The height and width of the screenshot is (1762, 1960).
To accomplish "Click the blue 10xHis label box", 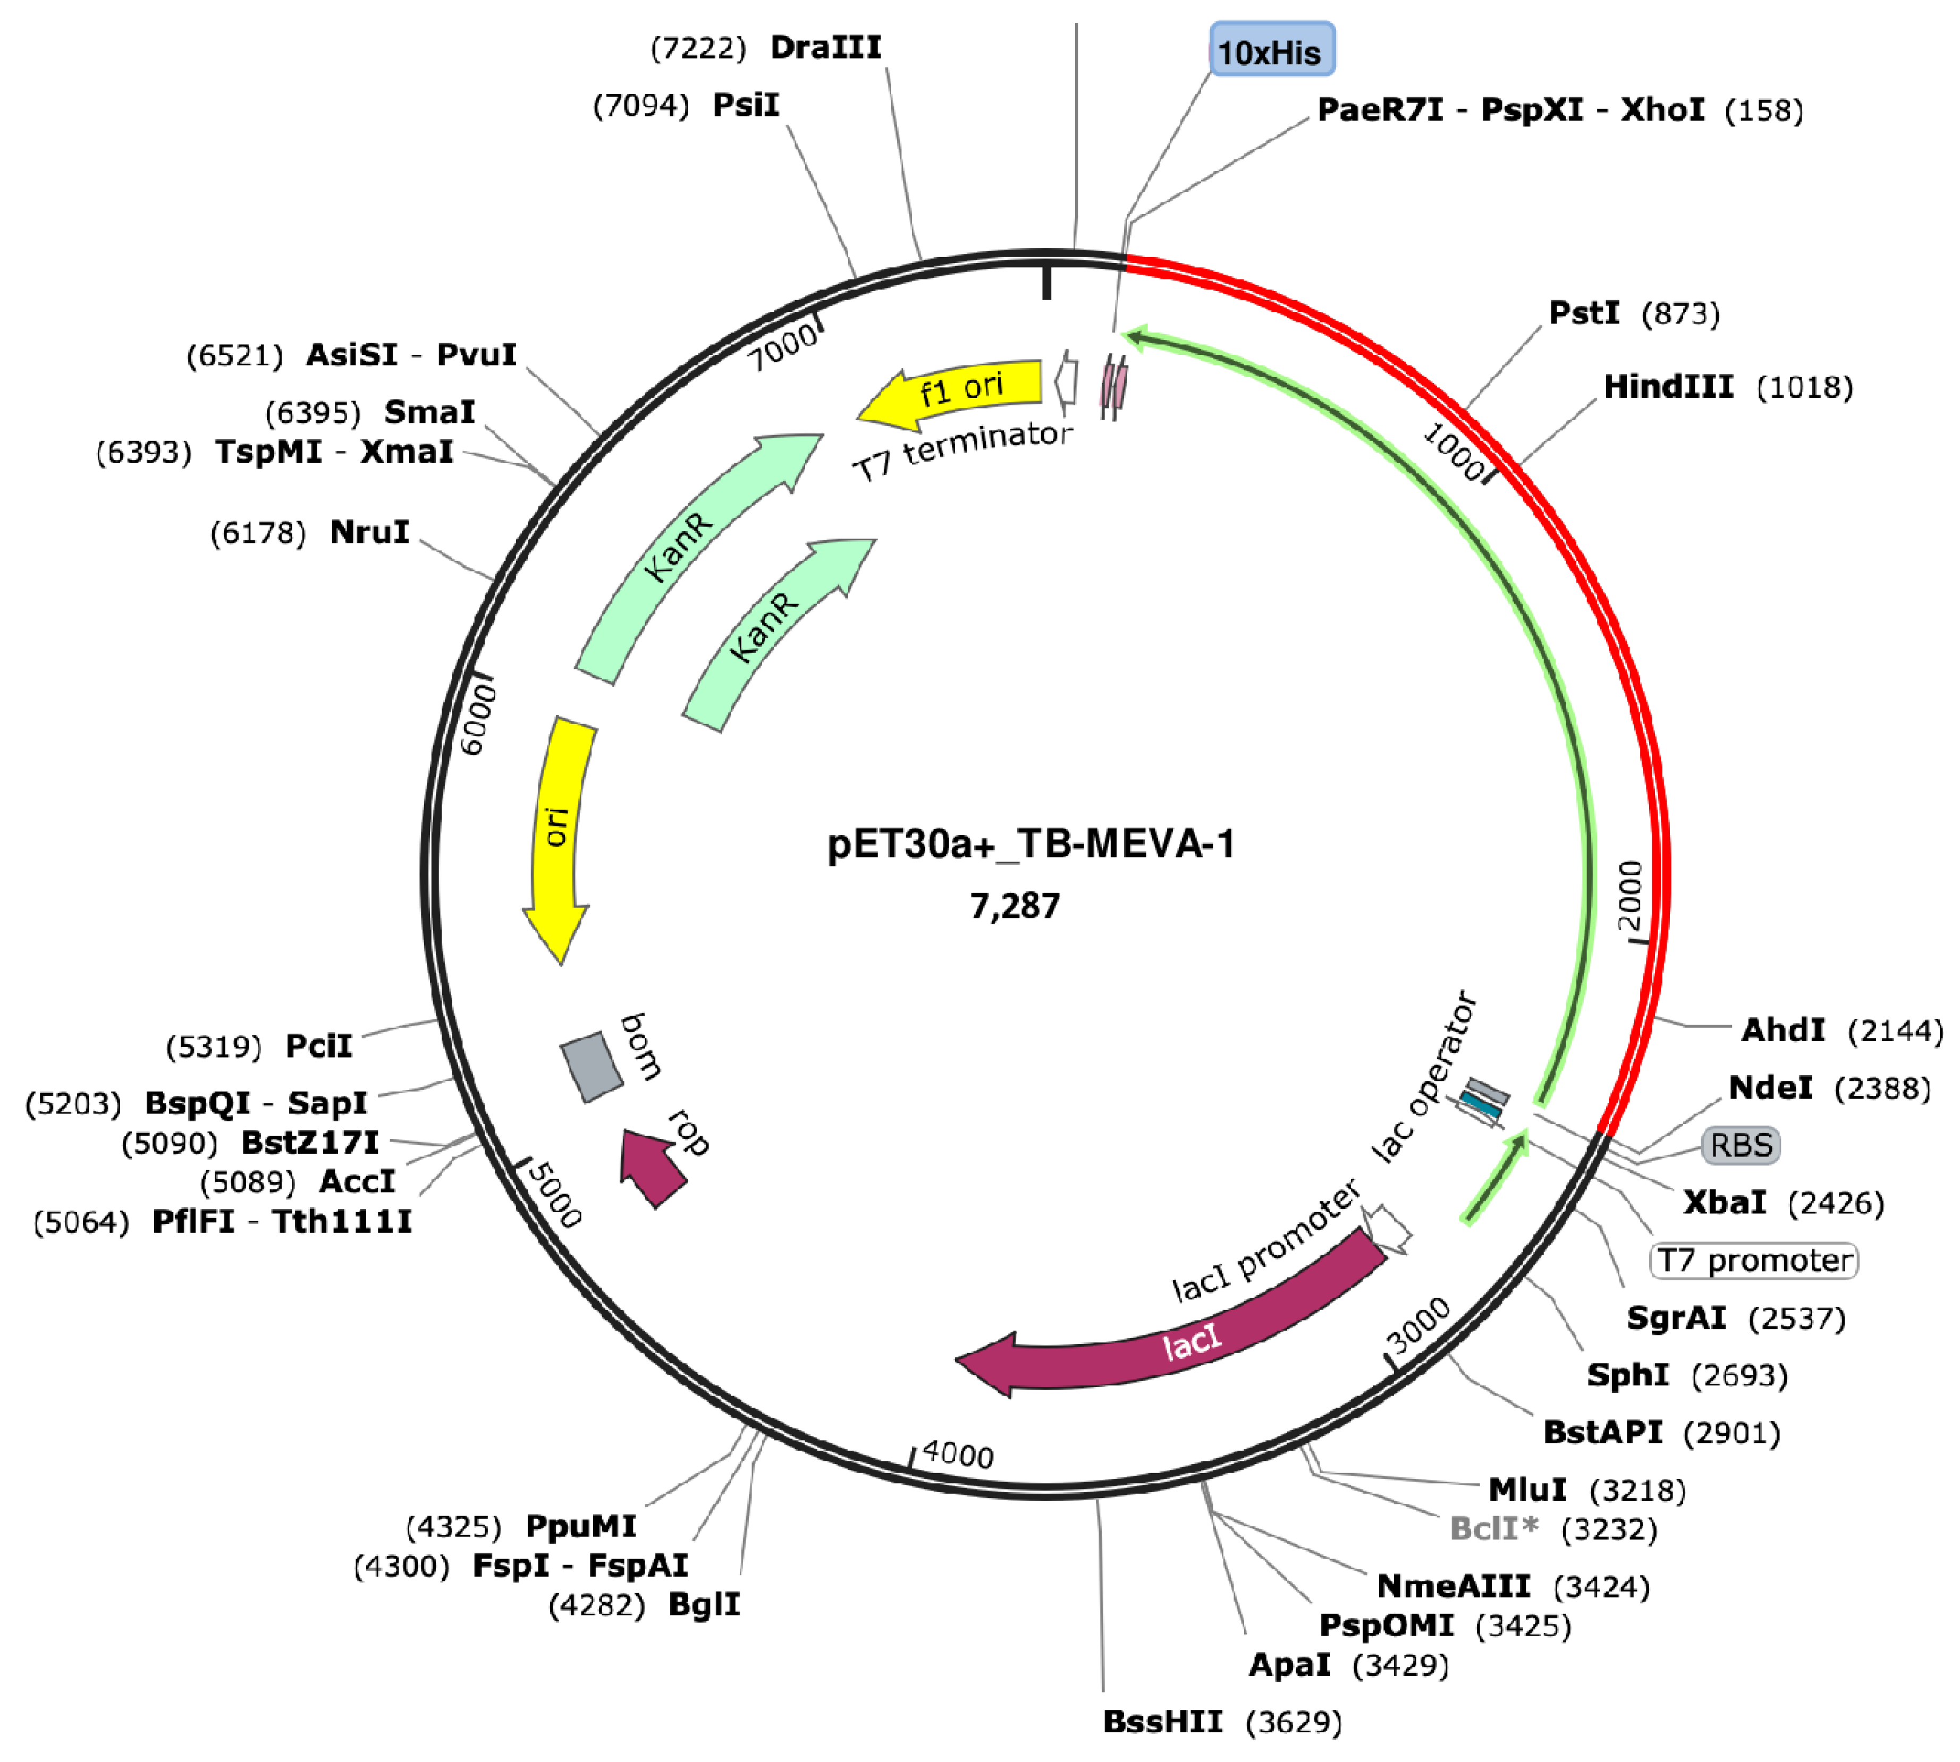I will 1271,50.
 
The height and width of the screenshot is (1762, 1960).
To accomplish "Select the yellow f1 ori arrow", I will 959,390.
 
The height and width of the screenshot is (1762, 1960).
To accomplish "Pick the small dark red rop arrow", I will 654,1167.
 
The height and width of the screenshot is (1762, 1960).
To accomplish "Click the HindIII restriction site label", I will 1668,387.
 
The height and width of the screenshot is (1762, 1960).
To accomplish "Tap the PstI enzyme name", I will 1583,313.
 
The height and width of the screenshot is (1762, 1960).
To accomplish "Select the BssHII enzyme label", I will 1162,1721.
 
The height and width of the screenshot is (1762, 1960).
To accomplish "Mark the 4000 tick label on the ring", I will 957,1454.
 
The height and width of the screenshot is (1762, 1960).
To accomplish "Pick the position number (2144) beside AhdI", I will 1895,1030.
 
